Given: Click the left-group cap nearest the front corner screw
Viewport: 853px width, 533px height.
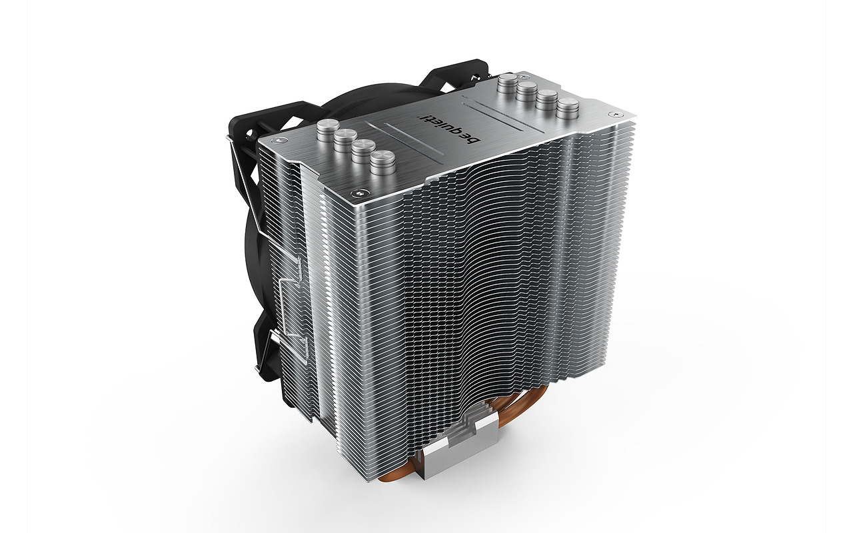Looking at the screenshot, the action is [x=383, y=163].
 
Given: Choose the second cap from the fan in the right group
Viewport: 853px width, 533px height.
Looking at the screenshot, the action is [x=527, y=92].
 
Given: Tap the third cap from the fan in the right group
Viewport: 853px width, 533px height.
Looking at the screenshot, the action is [x=547, y=100].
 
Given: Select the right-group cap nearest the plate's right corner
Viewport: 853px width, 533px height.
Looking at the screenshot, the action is [x=567, y=109].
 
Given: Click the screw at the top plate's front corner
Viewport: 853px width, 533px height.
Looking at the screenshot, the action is [x=358, y=194].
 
